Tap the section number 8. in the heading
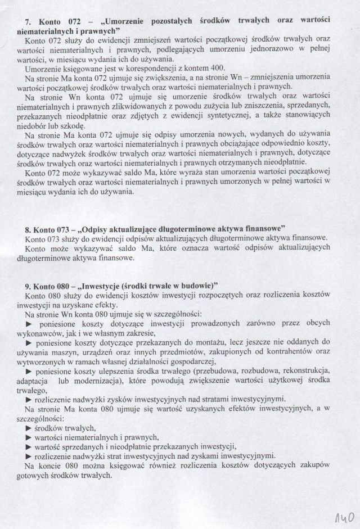pyautogui.click(x=29, y=229)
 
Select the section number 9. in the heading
pyautogui.click(x=29, y=284)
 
